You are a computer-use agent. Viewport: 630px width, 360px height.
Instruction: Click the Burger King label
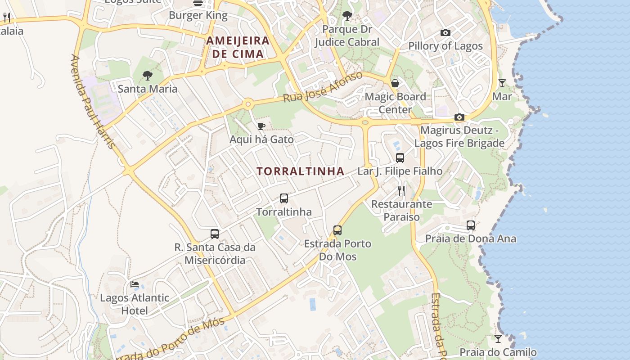pyautogui.click(x=198, y=15)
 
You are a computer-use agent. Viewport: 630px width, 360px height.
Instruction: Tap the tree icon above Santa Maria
pyautogui.click(x=147, y=76)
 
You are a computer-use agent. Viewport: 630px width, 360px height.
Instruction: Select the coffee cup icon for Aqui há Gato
pyautogui.click(x=261, y=126)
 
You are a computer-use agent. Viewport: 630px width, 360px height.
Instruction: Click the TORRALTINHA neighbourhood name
pyautogui.click(x=300, y=171)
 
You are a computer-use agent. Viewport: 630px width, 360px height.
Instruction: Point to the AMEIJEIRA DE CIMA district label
pyautogui.click(x=238, y=47)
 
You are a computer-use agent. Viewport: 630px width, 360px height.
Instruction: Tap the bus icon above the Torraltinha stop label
pyautogui.click(x=284, y=198)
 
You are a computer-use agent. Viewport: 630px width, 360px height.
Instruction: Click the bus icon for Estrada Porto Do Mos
pyautogui.click(x=337, y=230)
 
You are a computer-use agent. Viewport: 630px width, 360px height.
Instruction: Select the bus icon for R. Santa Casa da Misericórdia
pyautogui.click(x=215, y=234)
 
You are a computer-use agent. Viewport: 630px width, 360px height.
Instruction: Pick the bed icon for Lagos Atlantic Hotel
pyautogui.click(x=135, y=284)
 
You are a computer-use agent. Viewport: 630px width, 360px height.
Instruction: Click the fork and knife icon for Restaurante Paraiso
pyautogui.click(x=401, y=191)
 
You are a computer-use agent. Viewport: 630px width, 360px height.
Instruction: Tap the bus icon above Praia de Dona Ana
pyautogui.click(x=471, y=225)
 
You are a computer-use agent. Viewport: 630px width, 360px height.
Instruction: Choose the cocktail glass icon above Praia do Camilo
pyautogui.click(x=498, y=339)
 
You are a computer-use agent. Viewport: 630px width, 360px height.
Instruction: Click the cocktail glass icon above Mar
pyautogui.click(x=502, y=83)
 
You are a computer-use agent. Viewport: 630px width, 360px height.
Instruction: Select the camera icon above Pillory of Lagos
pyautogui.click(x=445, y=33)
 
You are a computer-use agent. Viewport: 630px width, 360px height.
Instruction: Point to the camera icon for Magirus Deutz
pyautogui.click(x=459, y=117)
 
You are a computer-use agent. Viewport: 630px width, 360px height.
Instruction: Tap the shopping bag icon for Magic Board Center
pyautogui.click(x=395, y=83)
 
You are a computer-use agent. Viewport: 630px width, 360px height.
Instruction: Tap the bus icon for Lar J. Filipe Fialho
pyautogui.click(x=400, y=158)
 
